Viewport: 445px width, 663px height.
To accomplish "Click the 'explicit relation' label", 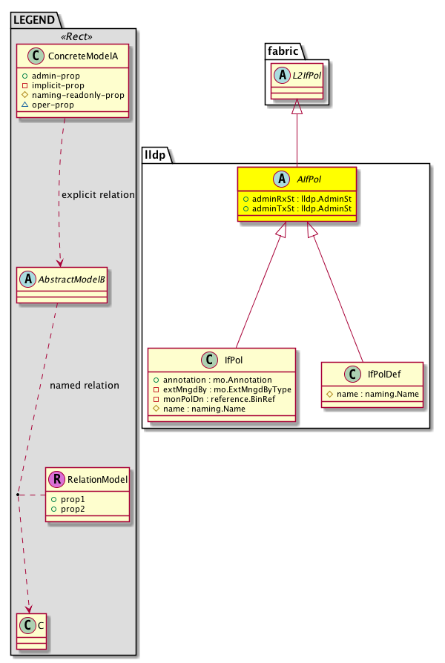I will (98, 195).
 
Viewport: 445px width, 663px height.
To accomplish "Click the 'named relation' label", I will (84, 386).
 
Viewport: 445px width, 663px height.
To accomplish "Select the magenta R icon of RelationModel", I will (56, 479).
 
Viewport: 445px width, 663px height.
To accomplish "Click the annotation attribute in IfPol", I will (205, 380).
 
